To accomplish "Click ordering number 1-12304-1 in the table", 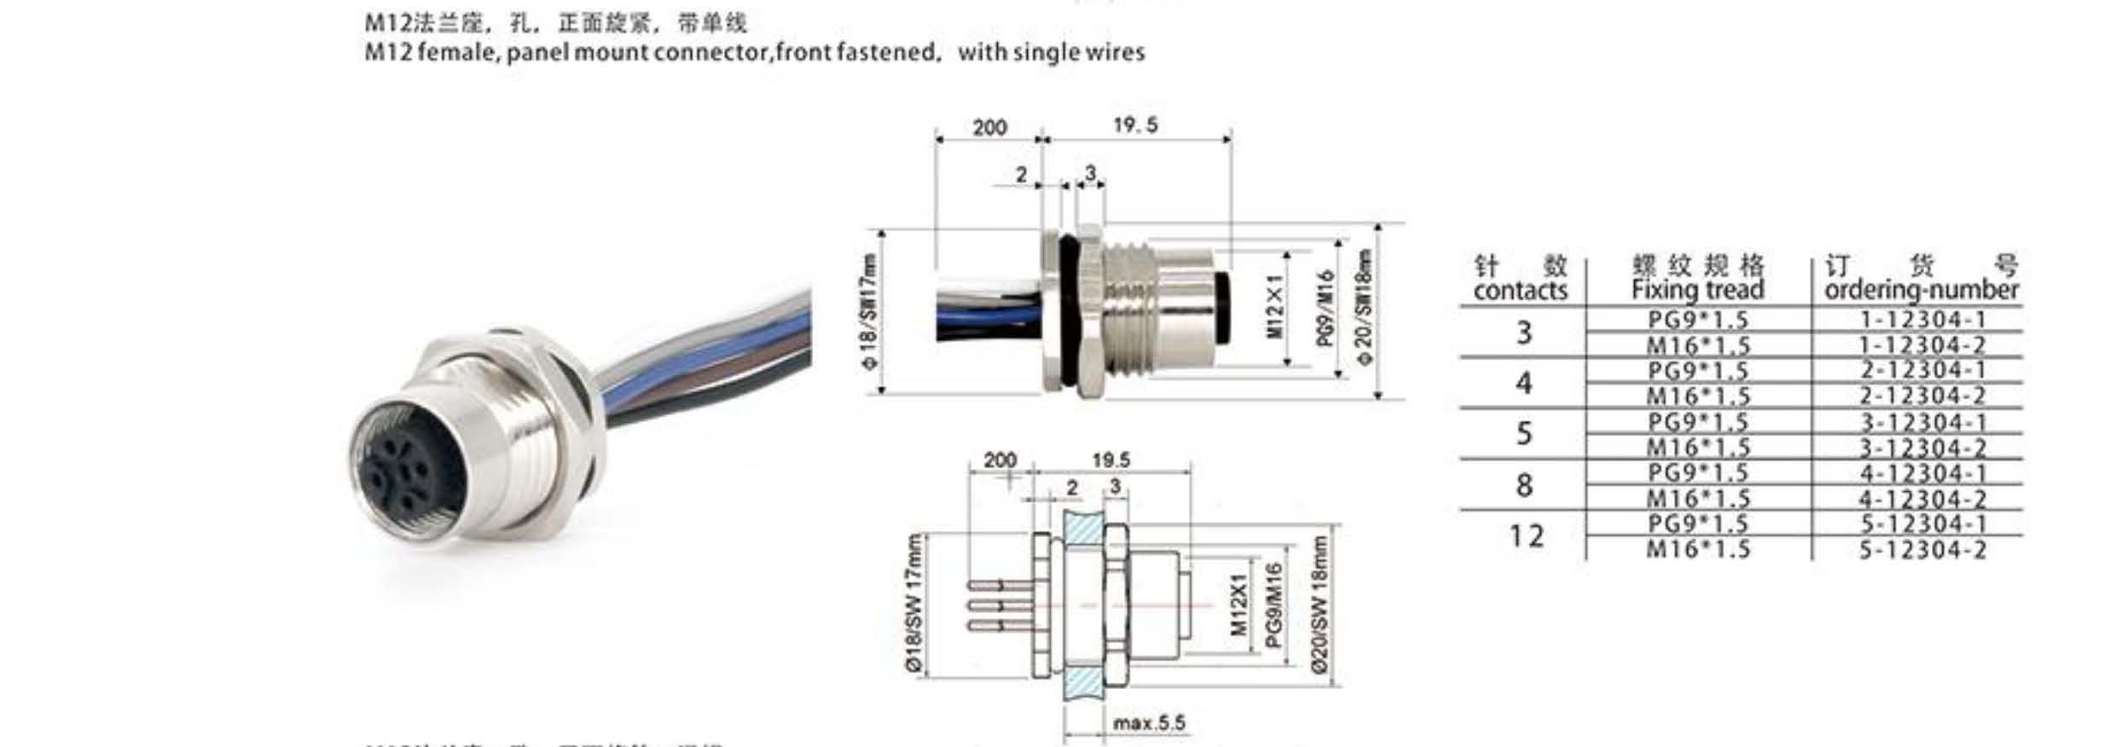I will pyautogui.click(x=1922, y=320).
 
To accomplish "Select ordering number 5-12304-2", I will pyautogui.click(x=1922, y=550).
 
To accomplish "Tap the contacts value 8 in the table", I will pyautogui.click(x=1524, y=485).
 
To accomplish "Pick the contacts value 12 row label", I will pyautogui.click(x=1526, y=536).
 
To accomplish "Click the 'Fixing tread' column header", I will pyautogui.click(x=1697, y=290).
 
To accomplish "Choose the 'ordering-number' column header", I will pyautogui.click(x=1922, y=290).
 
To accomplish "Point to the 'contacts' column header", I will pyautogui.click(x=1520, y=291).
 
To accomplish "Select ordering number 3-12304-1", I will pyautogui.click(x=1922, y=422).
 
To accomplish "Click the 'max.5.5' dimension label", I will pyautogui.click(x=1149, y=724).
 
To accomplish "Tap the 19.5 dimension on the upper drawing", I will pyautogui.click(x=1135, y=125).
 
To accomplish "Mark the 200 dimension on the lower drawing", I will pyautogui.click(x=1000, y=460).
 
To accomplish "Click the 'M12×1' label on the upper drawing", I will pyautogui.click(x=1275, y=306).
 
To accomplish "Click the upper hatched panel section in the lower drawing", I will pyautogui.click(x=1083, y=530).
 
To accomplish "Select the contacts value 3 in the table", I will pyautogui.click(x=1524, y=332).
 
